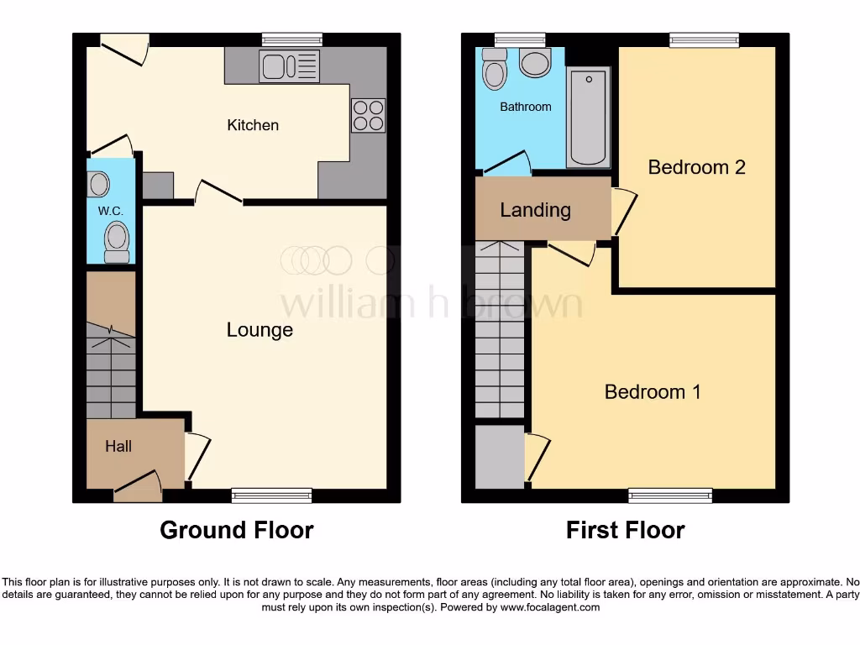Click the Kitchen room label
253,125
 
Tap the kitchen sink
290,66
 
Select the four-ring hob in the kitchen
368,115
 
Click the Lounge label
260,330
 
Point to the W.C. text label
111,211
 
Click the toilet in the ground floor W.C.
117,241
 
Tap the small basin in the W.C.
98,183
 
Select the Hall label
118,447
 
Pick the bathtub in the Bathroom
589,117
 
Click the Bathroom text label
526,107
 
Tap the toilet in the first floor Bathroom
495,71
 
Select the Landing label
535,210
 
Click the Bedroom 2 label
696,167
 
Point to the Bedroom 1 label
653,391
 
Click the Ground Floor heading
236,531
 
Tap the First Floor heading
625,531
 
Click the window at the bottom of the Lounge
271,496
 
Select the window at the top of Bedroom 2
704,39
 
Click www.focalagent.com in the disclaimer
549,607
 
